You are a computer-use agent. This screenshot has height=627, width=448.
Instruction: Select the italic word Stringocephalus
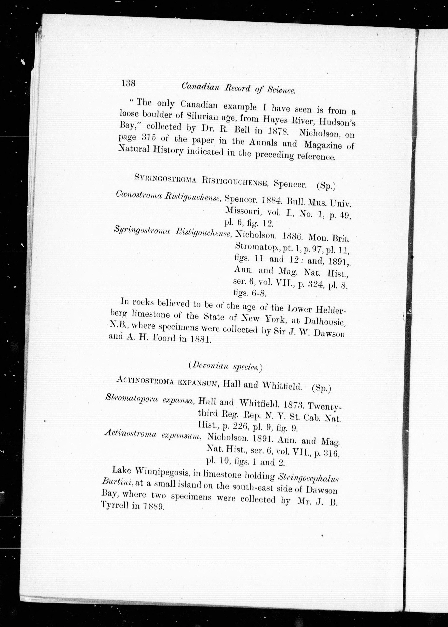[x=308, y=478]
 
